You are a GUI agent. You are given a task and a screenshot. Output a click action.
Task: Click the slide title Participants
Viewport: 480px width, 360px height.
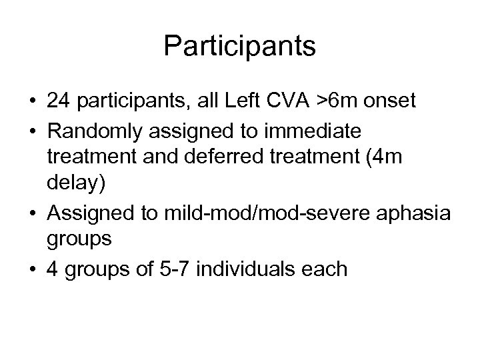click(x=240, y=47)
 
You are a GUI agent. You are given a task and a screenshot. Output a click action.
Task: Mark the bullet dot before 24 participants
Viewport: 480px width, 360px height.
click(x=33, y=101)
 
